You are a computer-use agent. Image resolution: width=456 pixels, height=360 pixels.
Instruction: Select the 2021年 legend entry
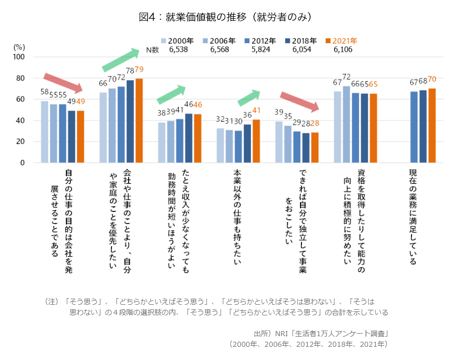point(341,41)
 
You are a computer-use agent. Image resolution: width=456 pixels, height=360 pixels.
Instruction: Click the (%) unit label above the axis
point(19,47)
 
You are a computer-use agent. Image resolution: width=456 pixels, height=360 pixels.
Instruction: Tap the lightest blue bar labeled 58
point(45,132)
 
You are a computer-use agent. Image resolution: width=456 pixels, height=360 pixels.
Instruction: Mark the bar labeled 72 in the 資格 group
point(347,125)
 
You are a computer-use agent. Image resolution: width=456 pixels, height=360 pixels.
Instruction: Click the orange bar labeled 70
point(432,126)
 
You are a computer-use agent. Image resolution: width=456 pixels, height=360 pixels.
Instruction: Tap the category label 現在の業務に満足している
point(413,217)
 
